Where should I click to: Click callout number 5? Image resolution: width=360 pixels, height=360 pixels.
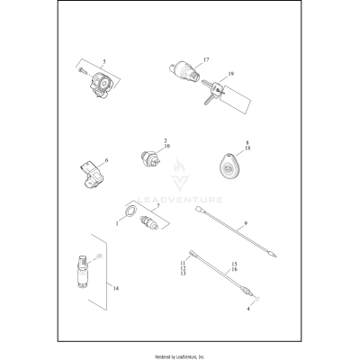(x=104, y=62)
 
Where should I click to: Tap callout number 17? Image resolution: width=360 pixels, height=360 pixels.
(x=206, y=60)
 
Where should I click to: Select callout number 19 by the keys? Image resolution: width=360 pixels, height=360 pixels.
(x=230, y=74)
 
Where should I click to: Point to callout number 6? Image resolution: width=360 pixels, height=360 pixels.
(x=106, y=160)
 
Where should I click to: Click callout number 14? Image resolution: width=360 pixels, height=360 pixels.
(x=116, y=288)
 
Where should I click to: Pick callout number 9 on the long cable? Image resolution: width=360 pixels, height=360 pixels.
(x=246, y=223)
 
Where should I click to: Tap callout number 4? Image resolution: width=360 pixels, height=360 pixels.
(x=248, y=309)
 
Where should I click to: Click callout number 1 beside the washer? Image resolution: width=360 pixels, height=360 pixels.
(x=117, y=224)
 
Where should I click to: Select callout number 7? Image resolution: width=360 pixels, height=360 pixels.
(x=158, y=205)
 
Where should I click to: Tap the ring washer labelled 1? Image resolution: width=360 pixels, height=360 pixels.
(x=131, y=211)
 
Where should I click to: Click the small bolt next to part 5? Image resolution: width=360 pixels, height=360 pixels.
(x=83, y=71)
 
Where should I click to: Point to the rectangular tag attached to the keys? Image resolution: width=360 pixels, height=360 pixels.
(x=236, y=97)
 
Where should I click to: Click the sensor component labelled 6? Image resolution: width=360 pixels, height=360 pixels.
(x=91, y=175)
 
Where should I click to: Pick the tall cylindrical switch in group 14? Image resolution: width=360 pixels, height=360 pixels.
(x=82, y=271)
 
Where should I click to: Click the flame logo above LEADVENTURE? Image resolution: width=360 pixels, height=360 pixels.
(x=180, y=175)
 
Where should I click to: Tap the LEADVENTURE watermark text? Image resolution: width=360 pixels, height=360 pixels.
(x=180, y=200)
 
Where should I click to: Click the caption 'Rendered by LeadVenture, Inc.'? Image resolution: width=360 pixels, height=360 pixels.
(x=179, y=356)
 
